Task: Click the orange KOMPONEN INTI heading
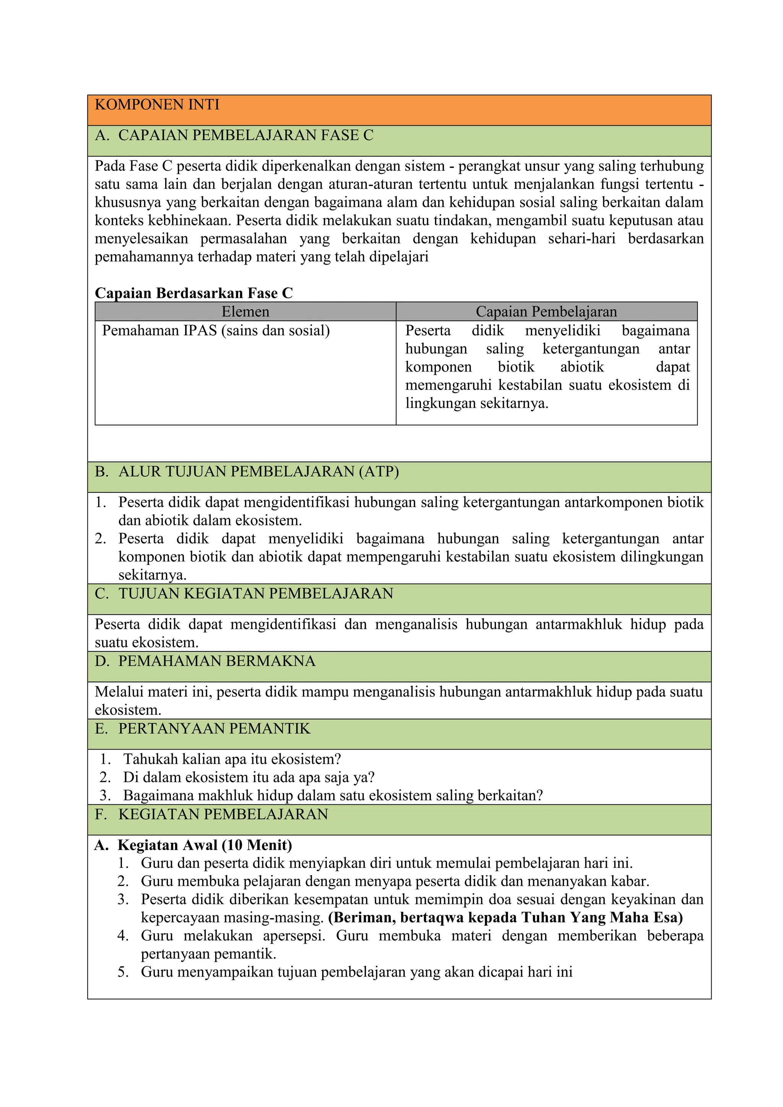tap(157, 105)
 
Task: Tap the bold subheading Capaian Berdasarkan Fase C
tap(193, 293)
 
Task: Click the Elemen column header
tap(245, 312)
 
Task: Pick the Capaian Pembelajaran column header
tap(546, 312)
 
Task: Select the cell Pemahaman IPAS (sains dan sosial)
tap(216, 331)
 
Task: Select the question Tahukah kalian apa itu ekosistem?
tap(232, 760)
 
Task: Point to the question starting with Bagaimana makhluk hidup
tap(333, 795)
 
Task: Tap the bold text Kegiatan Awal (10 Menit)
tap(205, 845)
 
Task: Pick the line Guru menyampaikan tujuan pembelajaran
tap(356, 972)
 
